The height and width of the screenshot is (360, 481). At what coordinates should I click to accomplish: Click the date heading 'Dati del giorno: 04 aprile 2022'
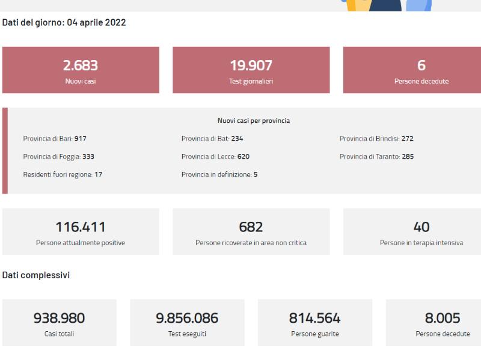[64, 23]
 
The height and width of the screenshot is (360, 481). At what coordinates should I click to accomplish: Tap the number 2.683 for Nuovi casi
[81, 66]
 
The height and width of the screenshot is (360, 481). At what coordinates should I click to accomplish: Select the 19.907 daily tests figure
[251, 66]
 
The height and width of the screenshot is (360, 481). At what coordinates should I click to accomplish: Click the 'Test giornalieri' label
[251, 81]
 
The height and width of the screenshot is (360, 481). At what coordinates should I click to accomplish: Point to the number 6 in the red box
[421, 66]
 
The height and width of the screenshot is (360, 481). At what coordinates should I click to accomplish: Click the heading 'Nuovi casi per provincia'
[254, 121]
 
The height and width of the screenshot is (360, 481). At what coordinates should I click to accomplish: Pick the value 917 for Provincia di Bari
[81, 139]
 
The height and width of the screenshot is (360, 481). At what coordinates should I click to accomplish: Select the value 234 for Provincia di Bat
[237, 139]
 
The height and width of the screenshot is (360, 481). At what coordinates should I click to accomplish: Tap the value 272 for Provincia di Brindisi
[408, 139]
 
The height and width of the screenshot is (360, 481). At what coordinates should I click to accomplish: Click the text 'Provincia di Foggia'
[52, 157]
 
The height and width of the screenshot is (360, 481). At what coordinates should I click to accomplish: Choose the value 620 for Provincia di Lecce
[244, 157]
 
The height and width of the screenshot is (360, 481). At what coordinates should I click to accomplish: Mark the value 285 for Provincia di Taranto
[408, 157]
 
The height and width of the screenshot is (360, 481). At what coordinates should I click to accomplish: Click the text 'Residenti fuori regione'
[58, 174]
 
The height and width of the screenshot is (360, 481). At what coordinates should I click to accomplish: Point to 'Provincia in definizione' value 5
[256, 174]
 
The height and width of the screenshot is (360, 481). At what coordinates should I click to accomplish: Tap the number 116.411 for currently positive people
[81, 227]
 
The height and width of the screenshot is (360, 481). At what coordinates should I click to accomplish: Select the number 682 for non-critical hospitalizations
[251, 227]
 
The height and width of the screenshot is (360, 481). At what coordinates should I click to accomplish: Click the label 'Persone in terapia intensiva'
[421, 243]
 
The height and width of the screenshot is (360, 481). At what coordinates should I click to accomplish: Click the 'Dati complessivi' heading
[36, 275]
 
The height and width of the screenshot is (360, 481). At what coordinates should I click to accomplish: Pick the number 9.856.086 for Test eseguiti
[187, 319]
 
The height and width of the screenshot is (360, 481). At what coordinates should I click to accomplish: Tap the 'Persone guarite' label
[315, 334]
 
